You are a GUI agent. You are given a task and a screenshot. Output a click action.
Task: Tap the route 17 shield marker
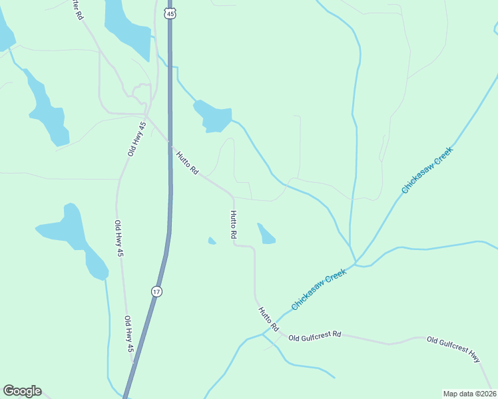click(156, 291)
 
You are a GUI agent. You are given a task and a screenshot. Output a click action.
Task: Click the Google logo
click(22, 391)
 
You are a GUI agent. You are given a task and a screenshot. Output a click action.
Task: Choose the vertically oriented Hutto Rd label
click(234, 225)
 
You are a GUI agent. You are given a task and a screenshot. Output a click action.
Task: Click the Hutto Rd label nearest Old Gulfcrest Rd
click(268, 319)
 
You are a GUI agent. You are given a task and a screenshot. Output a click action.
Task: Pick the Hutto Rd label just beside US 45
click(187, 163)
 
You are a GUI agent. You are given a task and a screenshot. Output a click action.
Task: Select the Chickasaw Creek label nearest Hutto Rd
click(320, 289)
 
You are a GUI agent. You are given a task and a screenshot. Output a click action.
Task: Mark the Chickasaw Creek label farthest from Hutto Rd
click(427, 170)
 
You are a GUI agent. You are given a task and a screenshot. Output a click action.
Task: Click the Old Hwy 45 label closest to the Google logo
click(129, 334)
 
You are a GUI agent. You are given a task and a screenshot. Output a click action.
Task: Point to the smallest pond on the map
click(212, 241)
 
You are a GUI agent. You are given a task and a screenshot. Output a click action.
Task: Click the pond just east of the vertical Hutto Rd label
click(266, 234)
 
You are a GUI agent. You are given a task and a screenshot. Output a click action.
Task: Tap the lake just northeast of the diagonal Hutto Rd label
click(212, 116)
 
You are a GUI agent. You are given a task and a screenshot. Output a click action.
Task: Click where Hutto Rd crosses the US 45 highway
click(170, 144)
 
